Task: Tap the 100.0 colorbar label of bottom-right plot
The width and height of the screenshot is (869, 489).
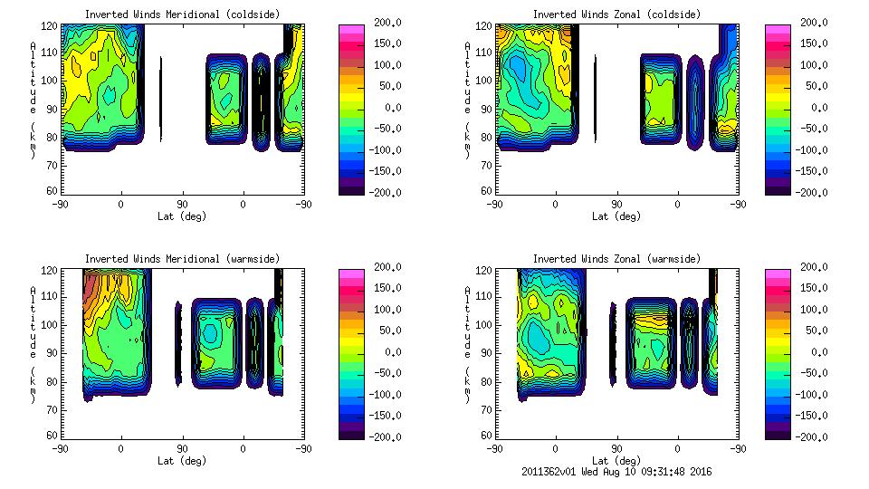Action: click(x=815, y=310)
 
